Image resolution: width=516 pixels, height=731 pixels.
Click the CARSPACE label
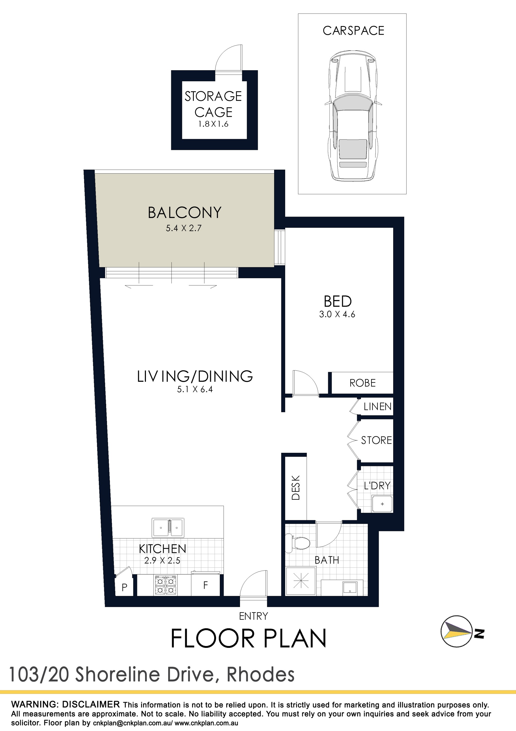(x=353, y=31)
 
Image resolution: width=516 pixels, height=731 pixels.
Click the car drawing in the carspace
(x=353, y=116)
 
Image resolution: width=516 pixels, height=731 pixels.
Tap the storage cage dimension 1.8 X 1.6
(x=213, y=124)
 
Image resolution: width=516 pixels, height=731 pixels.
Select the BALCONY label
(x=185, y=213)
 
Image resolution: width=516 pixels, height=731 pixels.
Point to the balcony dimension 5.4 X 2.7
(x=184, y=228)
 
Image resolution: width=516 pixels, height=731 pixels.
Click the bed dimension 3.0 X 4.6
(x=337, y=314)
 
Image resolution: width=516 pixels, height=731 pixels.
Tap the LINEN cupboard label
(x=377, y=406)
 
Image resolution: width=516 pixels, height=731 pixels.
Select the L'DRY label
(x=377, y=486)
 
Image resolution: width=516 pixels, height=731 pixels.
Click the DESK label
(x=296, y=488)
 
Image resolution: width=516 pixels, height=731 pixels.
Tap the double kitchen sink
(x=168, y=528)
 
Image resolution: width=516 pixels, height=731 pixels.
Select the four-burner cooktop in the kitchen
(x=166, y=585)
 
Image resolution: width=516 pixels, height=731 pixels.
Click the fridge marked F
(x=206, y=585)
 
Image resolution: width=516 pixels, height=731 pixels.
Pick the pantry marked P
(x=124, y=587)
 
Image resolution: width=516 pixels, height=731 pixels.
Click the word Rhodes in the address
(x=260, y=675)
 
